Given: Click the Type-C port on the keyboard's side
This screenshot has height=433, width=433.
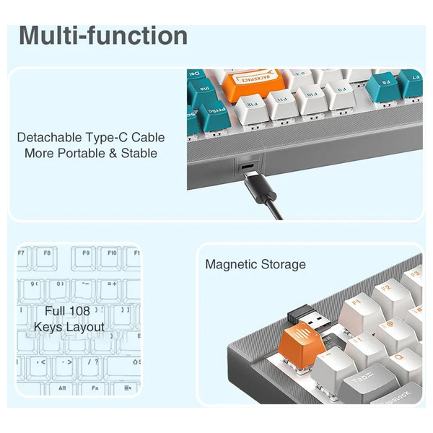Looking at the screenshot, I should tap(248, 167).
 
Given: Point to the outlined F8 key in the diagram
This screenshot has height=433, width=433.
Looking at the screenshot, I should tap(47, 254).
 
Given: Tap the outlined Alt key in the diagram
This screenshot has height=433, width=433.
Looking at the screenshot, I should tap(43, 387).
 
